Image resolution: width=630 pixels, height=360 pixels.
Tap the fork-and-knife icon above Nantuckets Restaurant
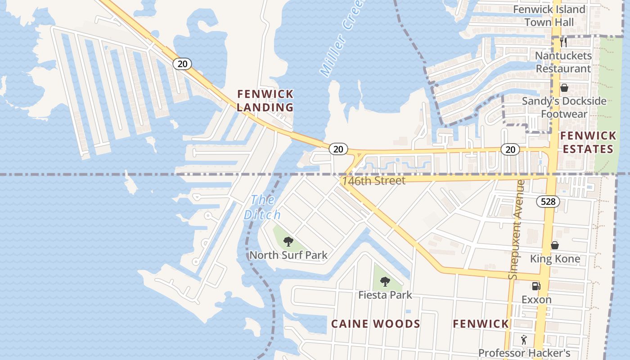(x=563, y=42)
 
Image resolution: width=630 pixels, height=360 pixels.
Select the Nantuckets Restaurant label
(x=563, y=62)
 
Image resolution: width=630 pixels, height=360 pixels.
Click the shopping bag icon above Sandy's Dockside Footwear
(x=564, y=88)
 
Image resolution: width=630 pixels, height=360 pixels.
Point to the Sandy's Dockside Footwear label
(x=564, y=108)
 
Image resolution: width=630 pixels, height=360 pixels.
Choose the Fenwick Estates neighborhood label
(x=588, y=142)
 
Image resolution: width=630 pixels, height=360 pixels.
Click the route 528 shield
(x=548, y=202)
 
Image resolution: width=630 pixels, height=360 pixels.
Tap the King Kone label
(x=555, y=259)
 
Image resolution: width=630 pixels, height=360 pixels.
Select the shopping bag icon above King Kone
(x=555, y=245)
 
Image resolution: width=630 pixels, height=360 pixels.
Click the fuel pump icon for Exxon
(x=536, y=286)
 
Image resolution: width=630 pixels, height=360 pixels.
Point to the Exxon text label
(x=536, y=299)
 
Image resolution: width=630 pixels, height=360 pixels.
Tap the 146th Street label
(x=373, y=181)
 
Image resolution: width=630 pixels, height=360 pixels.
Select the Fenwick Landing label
(x=265, y=100)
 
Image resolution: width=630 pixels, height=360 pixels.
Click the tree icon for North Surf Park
(x=288, y=242)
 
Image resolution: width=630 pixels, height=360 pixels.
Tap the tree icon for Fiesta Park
(x=385, y=282)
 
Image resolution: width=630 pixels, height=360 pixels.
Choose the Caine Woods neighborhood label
(x=376, y=324)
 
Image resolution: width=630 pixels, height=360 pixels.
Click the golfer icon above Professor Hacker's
(x=523, y=340)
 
